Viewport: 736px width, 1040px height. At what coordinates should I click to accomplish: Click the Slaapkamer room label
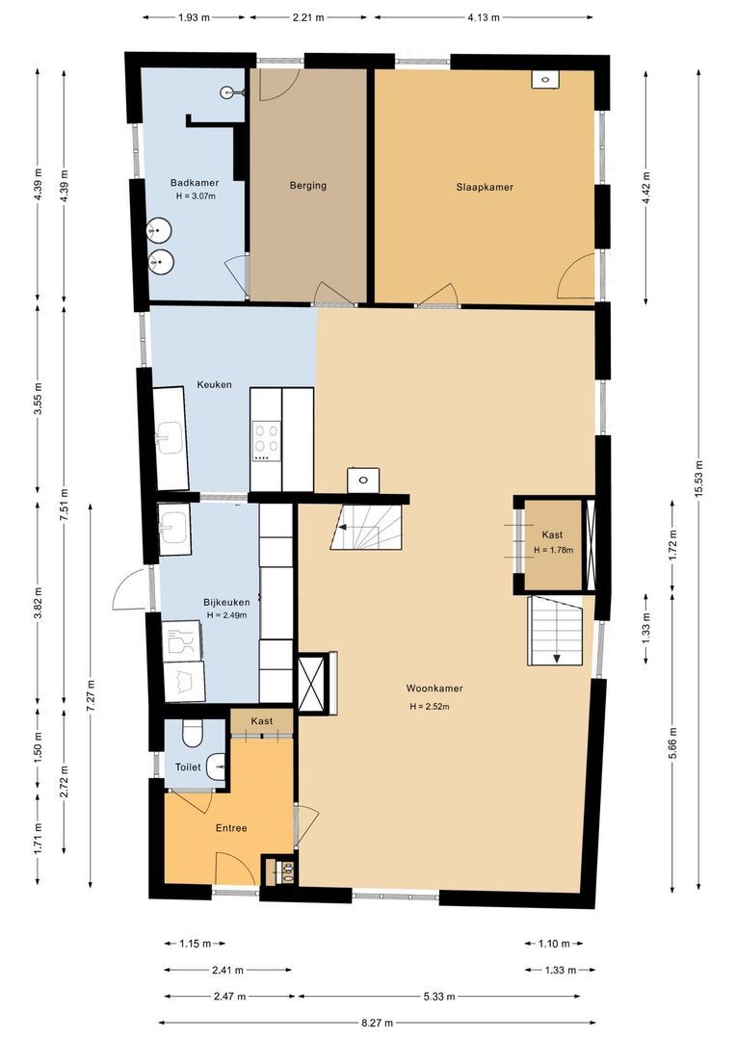tap(485, 187)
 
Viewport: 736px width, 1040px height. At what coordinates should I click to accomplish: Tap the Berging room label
tap(308, 186)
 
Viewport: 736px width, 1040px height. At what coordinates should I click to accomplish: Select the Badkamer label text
tap(195, 183)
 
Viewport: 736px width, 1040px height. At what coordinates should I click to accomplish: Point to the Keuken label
tap(214, 383)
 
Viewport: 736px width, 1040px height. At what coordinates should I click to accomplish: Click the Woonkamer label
tap(434, 689)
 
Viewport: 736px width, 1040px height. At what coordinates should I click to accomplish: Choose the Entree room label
tap(230, 828)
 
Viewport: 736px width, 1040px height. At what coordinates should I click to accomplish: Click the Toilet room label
tap(188, 767)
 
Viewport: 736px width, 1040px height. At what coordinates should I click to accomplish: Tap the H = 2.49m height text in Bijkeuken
tap(226, 615)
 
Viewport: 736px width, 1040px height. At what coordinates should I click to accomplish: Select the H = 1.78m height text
tap(553, 551)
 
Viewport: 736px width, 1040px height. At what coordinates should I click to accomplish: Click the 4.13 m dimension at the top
tap(483, 17)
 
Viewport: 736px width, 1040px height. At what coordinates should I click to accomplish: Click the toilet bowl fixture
tap(191, 735)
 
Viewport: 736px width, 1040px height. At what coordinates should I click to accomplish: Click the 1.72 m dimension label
tap(673, 544)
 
